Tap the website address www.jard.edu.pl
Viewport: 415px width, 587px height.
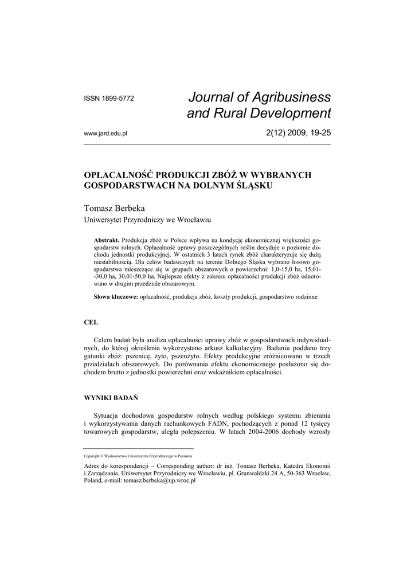pyautogui.click(x=105, y=134)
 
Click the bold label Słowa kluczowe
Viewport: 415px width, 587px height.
pyautogui.click(x=115, y=297)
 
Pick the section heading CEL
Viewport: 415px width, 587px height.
pyautogui.click(x=91, y=323)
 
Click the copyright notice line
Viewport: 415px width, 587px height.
pyautogui.click(x=138, y=456)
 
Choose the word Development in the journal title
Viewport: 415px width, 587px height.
pyautogui.click(x=294, y=113)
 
